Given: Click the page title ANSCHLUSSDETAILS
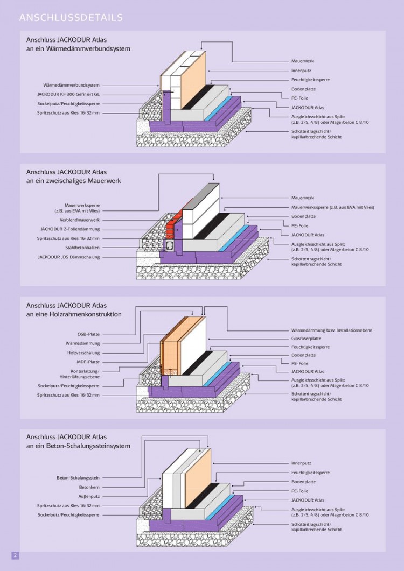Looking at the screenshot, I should pyautogui.click(x=71, y=18).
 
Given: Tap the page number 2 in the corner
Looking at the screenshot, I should pyautogui.click(x=15, y=555).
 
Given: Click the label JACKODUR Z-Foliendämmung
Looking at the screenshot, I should pyautogui.click(x=70, y=229).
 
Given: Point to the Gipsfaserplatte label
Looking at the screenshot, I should pyautogui.click(x=307, y=339).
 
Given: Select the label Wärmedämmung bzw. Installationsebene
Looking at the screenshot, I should pyautogui.click(x=331, y=329).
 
